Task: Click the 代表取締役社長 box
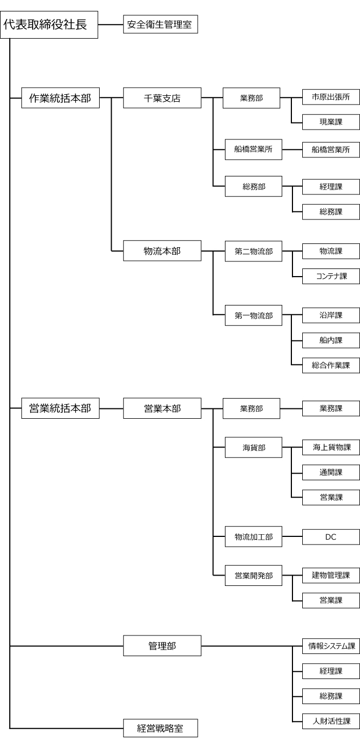pyautogui.click(x=49, y=25)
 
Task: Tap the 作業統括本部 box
pyautogui.click(x=60, y=99)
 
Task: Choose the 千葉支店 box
pyautogui.click(x=162, y=99)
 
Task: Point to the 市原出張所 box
pyautogui.click(x=331, y=99)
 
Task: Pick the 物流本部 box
pyautogui.click(x=162, y=252)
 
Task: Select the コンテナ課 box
pyautogui.click(x=331, y=277)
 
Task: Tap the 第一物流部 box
pyautogui.click(x=254, y=315)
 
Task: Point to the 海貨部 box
pyautogui.click(x=254, y=448)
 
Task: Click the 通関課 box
pyautogui.click(x=331, y=472)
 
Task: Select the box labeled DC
pyautogui.click(x=331, y=537)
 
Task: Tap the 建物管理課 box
pyautogui.click(x=331, y=575)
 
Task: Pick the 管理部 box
pyautogui.click(x=162, y=646)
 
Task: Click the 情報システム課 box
pyautogui.click(x=331, y=646)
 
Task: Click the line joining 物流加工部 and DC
pyautogui.click(x=292, y=537)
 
